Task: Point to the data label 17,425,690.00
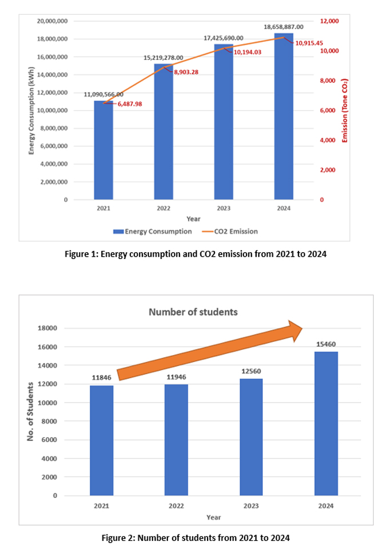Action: coord(223,38)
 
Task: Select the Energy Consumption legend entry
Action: coord(152,232)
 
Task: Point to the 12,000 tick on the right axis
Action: coord(330,21)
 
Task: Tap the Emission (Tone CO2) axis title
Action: coord(345,111)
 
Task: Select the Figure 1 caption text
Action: coord(195,254)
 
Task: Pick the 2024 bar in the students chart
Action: coord(326,423)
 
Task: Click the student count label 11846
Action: coord(101,378)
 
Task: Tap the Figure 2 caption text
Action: coord(195,538)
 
